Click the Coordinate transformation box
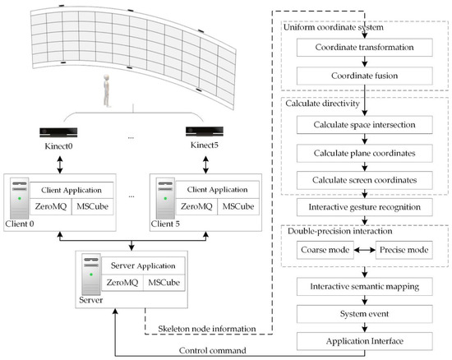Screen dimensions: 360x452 click(364, 48)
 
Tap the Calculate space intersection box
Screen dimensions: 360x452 click(364, 124)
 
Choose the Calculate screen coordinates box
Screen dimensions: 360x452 click(364, 180)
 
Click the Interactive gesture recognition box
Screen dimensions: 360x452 click(364, 207)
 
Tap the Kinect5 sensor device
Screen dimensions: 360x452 click(203, 132)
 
